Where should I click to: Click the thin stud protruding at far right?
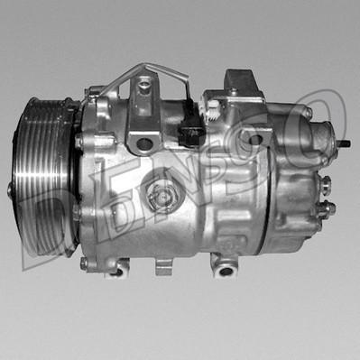point(346,143)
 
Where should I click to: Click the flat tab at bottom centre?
point(163,267)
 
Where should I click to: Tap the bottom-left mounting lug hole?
point(116,268)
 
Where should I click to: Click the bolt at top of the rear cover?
point(308,114)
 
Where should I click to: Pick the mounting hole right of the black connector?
point(256,139)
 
